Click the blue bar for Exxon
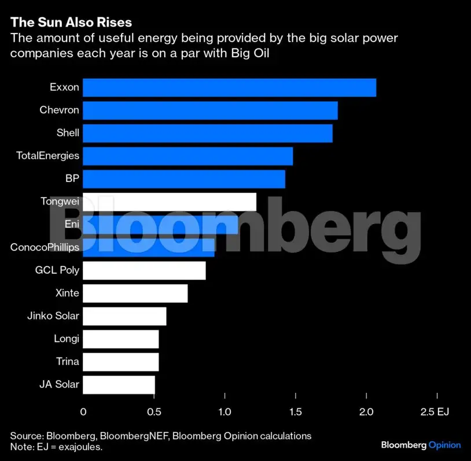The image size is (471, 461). click(229, 88)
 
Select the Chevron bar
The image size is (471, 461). click(210, 110)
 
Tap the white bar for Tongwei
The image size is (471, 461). click(170, 202)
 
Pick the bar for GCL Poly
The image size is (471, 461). click(144, 270)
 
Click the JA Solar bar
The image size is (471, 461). click(119, 385)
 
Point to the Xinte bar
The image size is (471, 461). click(135, 293)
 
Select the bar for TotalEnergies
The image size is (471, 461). click(187, 156)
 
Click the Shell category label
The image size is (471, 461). click(68, 133)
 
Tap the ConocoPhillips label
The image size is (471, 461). click(45, 247)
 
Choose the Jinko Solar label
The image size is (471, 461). click(53, 316)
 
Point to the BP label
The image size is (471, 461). click(72, 179)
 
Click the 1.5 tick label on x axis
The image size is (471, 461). click(296, 412)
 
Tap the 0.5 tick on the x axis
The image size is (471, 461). click(154, 412)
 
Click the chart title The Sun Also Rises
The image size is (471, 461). click(71, 23)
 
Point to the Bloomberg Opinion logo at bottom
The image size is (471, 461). click(421, 445)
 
